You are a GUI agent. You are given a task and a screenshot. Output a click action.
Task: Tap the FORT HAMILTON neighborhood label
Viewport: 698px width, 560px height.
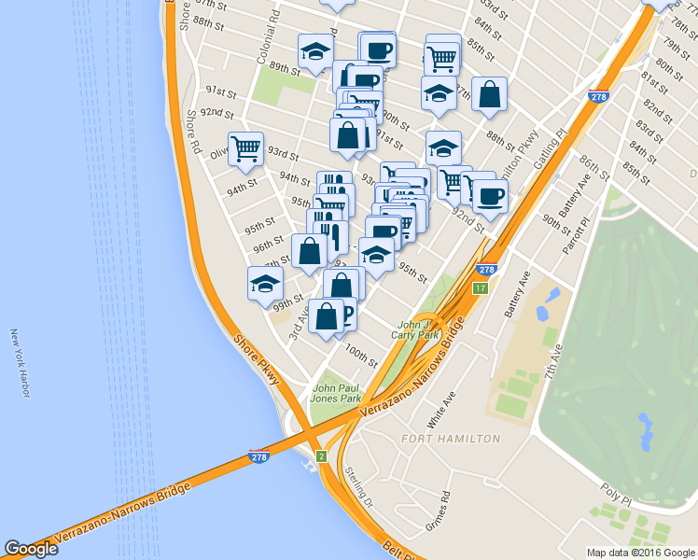(451, 438)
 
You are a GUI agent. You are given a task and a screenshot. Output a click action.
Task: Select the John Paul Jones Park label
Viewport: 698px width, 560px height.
(337, 392)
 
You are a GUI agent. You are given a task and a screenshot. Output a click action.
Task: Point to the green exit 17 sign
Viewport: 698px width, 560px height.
(480, 288)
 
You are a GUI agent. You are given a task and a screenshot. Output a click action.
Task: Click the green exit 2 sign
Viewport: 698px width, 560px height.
(321, 455)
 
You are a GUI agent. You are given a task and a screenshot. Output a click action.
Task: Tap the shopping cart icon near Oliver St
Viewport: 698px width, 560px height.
(245, 147)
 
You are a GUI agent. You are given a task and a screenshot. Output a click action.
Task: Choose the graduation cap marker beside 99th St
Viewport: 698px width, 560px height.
(265, 283)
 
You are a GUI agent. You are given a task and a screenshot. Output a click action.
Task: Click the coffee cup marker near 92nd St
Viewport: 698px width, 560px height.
(490, 196)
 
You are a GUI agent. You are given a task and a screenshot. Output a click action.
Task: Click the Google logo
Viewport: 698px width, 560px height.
(31, 549)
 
